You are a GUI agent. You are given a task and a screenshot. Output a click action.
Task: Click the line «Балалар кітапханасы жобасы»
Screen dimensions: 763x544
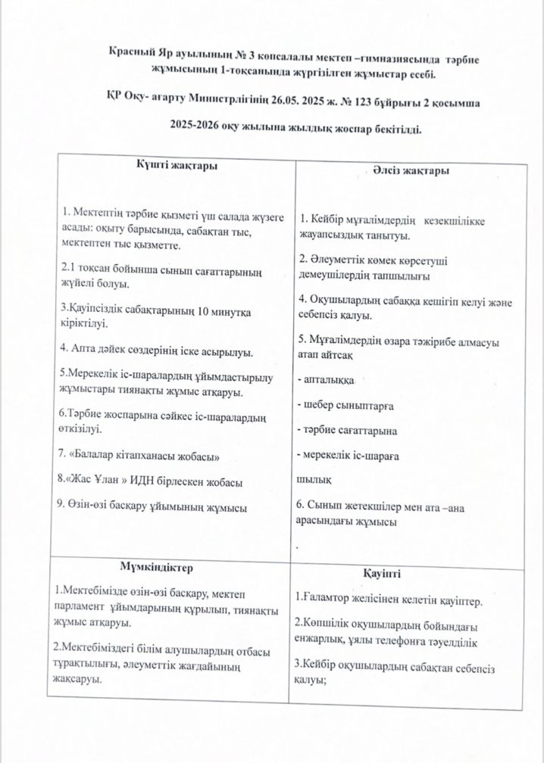pos(141,457)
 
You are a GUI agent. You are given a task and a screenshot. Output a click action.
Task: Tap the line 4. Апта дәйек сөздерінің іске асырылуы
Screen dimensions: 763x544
pos(157,352)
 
